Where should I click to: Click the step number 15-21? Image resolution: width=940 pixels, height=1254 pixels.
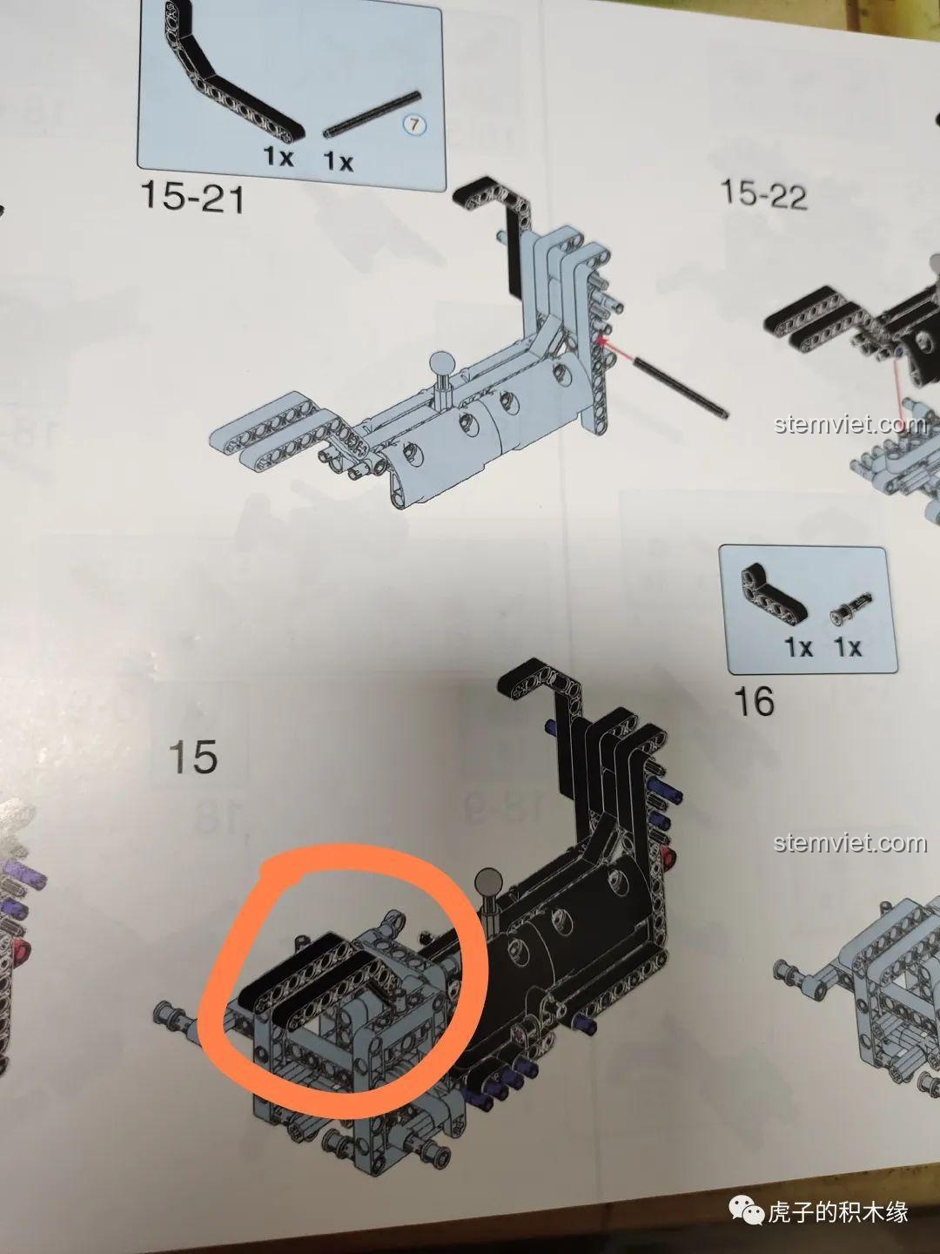(x=193, y=197)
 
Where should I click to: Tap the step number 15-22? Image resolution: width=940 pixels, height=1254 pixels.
(x=764, y=193)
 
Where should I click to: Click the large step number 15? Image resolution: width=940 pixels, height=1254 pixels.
(x=193, y=756)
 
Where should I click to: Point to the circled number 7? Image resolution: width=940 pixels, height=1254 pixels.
(x=415, y=125)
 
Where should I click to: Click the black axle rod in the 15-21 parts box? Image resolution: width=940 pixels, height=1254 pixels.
(x=373, y=114)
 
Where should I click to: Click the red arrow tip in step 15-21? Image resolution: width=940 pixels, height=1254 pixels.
(x=597, y=340)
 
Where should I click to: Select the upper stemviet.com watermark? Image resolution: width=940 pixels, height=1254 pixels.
(x=850, y=424)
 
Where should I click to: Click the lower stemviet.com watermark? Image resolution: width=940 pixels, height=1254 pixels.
(x=850, y=843)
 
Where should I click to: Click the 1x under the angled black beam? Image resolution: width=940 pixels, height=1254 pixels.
(x=278, y=156)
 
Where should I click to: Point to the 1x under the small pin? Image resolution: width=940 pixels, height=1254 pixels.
(x=848, y=648)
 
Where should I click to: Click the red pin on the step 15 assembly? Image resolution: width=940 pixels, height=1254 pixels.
(x=668, y=856)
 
